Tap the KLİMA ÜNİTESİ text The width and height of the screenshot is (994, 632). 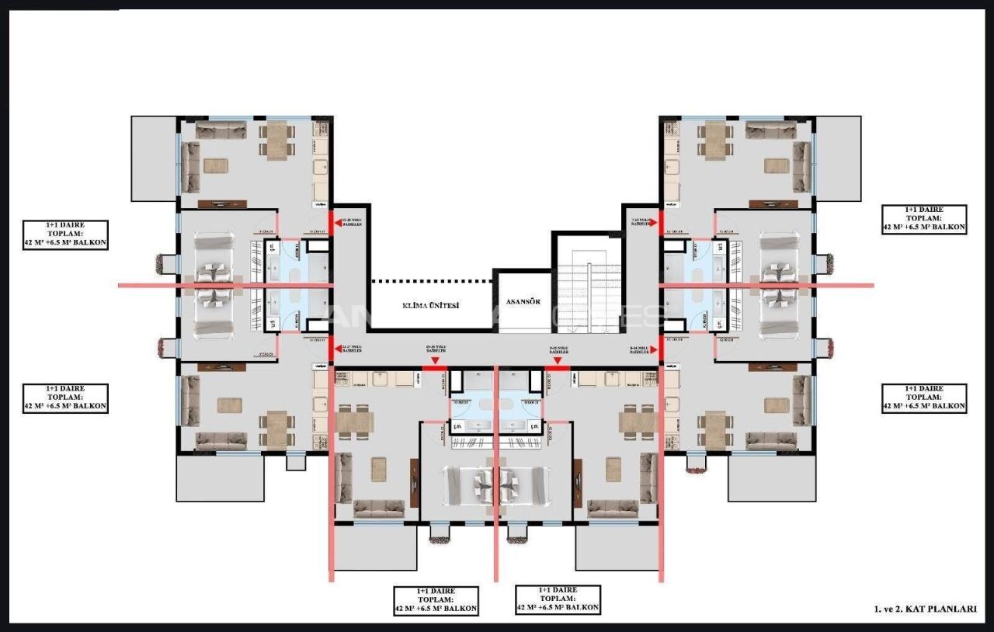tap(431, 305)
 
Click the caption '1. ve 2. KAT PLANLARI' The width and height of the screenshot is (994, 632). tap(924, 609)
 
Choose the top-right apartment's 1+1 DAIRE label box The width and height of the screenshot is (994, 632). tap(924, 220)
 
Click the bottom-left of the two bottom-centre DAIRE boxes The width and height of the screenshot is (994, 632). tap(436, 600)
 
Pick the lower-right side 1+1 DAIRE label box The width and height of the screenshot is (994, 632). tap(924, 398)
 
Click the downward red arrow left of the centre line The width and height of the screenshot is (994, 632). tap(435, 361)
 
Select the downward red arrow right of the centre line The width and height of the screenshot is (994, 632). tap(558, 361)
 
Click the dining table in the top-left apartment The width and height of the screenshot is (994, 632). tap(277, 141)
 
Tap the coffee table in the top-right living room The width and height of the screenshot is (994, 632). tap(776, 165)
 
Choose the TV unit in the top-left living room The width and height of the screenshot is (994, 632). tap(221, 204)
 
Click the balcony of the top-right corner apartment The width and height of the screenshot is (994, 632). tap(838, 158)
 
